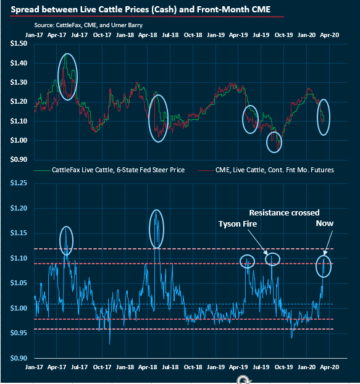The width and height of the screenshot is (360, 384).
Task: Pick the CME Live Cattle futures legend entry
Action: point(266,169)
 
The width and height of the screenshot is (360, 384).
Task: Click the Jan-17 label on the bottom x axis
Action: point(34,367)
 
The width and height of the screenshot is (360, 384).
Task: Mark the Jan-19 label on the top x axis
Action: point(216,35)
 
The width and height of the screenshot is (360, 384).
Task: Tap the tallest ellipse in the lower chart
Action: point(156,228)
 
